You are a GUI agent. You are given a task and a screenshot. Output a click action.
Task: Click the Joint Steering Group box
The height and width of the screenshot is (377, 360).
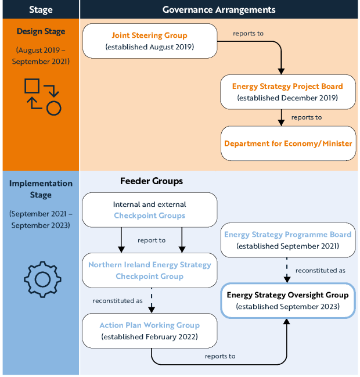click(x=150, y=41)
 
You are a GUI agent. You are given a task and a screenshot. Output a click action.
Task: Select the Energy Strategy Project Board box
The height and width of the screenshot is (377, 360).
click(x=287, y=92)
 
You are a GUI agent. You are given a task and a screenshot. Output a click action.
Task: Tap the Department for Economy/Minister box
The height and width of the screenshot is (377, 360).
click(x=287, y=143)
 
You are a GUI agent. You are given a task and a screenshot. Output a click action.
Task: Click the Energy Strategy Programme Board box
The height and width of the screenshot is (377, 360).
click(x=287, y=240)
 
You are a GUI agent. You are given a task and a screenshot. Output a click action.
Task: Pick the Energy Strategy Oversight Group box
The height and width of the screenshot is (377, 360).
click(x=287, y=300)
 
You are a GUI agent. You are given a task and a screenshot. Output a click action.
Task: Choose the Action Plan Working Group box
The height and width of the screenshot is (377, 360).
click(x=150, y=331)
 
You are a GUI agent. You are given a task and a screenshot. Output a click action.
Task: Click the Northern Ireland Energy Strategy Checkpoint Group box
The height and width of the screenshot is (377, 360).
click(x=150, y=270)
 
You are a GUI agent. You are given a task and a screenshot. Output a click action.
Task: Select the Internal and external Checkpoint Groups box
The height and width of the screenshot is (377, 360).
click(x=150, y=210)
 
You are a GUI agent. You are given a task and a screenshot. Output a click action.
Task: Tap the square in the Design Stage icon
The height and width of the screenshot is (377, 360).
click(x=33, y=86)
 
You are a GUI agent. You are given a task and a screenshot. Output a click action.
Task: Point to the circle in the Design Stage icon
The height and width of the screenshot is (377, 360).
click(x=53, y=107)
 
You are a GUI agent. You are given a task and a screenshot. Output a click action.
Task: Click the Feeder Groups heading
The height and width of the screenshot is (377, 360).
click(x=151, y=181)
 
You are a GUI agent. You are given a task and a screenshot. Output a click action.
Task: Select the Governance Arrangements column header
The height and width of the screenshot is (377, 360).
click(x=219, y=9)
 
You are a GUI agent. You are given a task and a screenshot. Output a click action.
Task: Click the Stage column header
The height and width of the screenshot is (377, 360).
click(x=40, y=9)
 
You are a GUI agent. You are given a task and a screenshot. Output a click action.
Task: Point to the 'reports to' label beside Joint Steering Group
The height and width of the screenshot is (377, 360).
click(x=248, y=34)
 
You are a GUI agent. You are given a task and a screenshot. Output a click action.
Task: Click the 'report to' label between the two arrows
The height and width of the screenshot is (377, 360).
click(x=152, y=240)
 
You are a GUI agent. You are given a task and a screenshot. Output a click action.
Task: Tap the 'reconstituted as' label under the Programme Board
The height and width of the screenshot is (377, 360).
click(x=320, y=270)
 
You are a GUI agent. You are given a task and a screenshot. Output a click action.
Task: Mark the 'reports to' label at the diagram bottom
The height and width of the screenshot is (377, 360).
click(x=220, y=356)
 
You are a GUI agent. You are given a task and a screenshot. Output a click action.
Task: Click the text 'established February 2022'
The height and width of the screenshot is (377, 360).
click(x=150, y=336)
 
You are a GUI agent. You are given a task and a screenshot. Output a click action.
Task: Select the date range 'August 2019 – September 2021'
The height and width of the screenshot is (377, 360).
click(x=41, y=56)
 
